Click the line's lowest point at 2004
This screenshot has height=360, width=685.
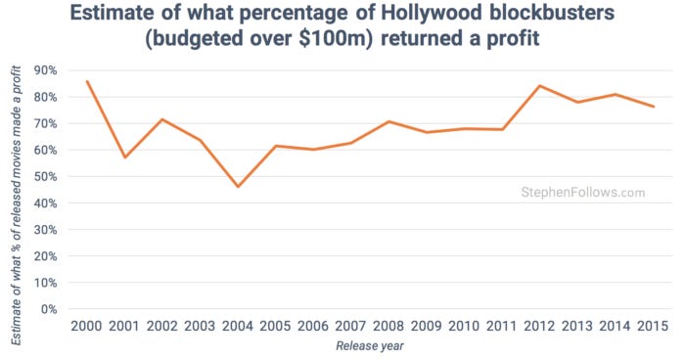(x=238, y=187)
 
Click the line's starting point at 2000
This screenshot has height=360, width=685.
(x=87, y=81)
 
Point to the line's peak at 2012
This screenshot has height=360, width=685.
(x=539, y=86)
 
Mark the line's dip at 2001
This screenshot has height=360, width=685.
(x=124, y=157)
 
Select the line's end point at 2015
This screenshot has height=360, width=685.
(x=653, y=107)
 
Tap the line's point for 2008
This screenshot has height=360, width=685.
(x=388, y=121)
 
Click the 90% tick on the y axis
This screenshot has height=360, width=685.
(x=46, y=70)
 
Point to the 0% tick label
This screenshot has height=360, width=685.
(x=50, y=309)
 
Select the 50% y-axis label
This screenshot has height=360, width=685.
(x=46, y=177)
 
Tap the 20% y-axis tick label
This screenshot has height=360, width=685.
(x=46, y=256)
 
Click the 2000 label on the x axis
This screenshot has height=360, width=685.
(x=87, y=326)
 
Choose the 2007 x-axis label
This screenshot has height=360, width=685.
(x=350, y=326)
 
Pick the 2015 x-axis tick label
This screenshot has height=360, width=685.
(x=653, y=326)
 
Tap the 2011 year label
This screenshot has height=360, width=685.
(x=502, y=326)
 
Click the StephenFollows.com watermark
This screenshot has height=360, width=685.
(x=581, y=193)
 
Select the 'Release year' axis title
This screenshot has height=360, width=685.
(x=369, y=346)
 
